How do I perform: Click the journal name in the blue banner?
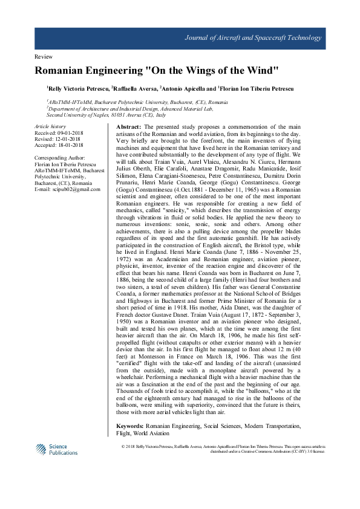(252, 38)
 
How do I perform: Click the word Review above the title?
(45, 56)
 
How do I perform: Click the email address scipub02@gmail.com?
(75, 189)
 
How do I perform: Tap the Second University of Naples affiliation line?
(100, 114)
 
